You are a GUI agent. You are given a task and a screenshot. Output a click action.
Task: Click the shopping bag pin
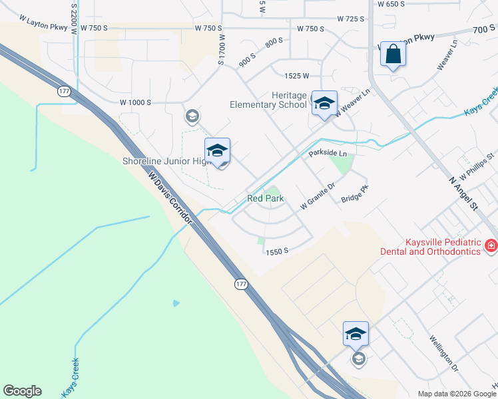coord(393,55)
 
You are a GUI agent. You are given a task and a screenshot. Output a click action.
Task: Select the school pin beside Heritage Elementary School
coord(324,103)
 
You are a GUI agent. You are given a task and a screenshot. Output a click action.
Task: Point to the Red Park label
coord(266,198)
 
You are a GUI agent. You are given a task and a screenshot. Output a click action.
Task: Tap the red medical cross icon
coord(491,246)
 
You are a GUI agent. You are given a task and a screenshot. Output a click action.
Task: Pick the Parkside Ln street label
coord(328,154)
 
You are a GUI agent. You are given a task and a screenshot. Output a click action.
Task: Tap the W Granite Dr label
coord(316,198)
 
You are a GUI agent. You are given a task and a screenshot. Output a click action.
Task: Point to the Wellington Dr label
coord(445,357)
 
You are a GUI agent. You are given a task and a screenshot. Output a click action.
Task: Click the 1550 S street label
coord(276,251)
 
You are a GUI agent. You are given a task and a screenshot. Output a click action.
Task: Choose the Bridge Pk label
coord(354,194)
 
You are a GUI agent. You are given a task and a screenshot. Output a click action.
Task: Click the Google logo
coord(22,391)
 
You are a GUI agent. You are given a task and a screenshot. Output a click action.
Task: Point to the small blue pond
coord(175,303)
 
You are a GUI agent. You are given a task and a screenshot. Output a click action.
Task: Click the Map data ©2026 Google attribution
coord(457,394)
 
